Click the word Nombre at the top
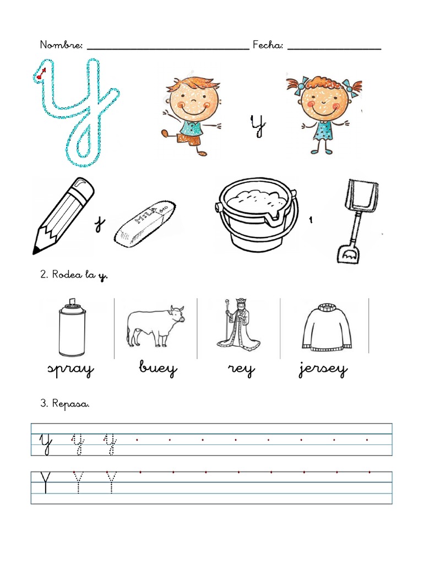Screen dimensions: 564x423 [61, 45]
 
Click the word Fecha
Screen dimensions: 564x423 [268, 45]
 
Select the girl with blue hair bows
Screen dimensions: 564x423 [324, 112]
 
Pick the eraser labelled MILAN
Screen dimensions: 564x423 [145, 224]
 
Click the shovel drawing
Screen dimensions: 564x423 [357, 220]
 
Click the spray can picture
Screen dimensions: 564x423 [72, 329]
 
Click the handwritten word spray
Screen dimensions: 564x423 [70, 370]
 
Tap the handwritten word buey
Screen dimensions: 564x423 [158, 370]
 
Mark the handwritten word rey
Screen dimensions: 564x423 [241, 370]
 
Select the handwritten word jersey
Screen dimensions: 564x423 [323, 370]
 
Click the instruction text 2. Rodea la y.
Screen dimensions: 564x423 [74, 275]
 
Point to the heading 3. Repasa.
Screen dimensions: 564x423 [64, 404]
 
